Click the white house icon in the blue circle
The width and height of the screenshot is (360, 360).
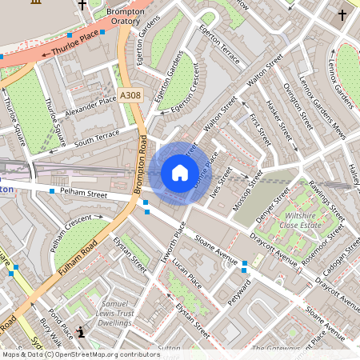180,172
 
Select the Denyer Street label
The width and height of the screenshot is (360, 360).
272,206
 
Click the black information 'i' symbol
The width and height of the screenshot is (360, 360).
80,331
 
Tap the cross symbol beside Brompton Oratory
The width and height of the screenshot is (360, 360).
82,5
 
